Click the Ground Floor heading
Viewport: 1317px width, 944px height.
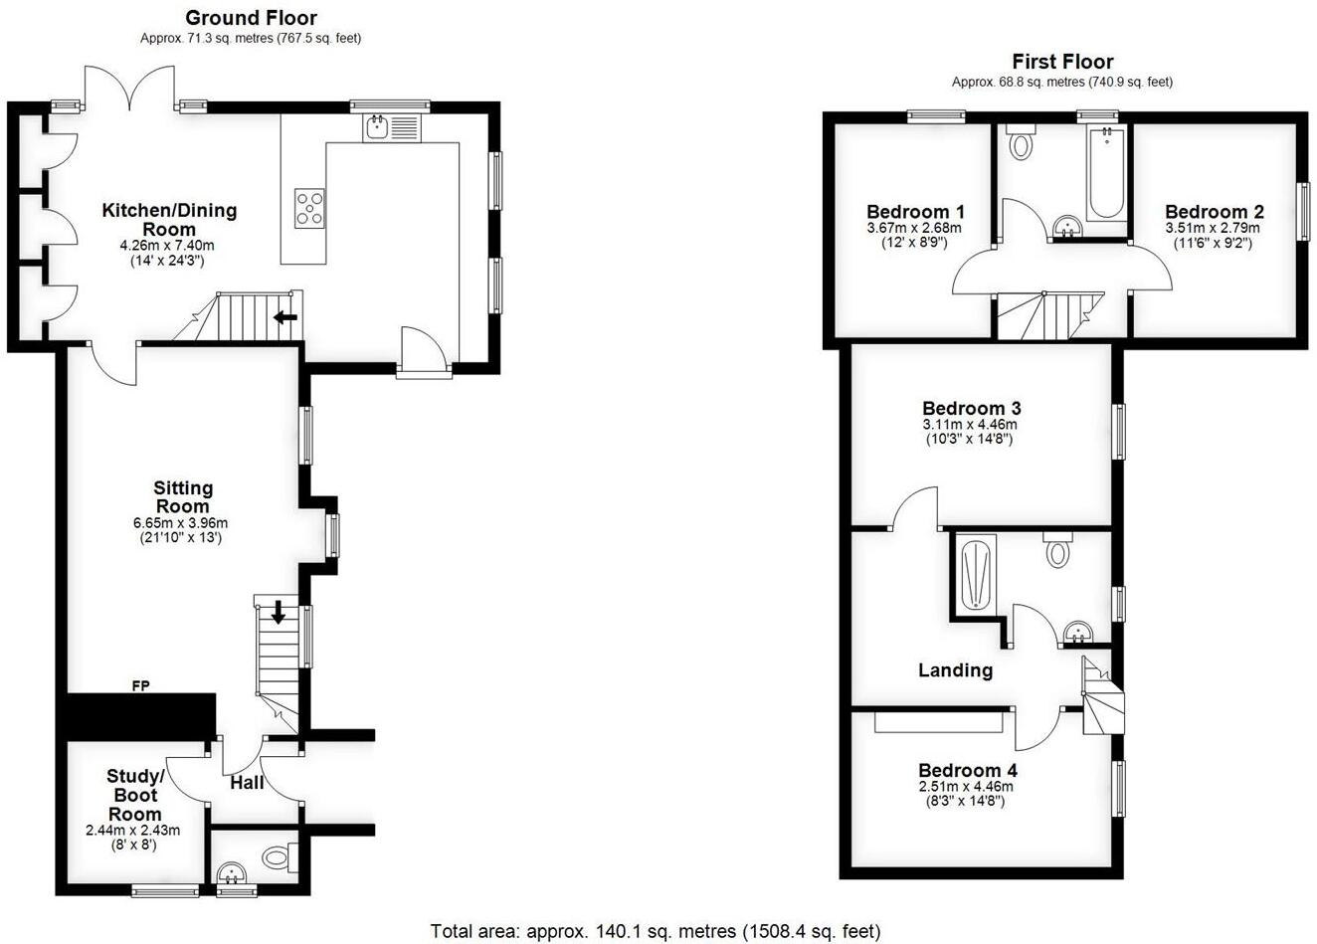(251, 18)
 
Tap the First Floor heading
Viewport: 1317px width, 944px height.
(1062, 62)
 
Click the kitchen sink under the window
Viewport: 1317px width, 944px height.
(377, 126)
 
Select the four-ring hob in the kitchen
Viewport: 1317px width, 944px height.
(309, 208)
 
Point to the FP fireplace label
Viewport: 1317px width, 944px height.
(140, 685)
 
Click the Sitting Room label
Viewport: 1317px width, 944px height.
(183, 496)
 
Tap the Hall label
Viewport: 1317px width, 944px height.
(247, 783)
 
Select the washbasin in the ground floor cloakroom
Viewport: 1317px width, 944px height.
(233, 872)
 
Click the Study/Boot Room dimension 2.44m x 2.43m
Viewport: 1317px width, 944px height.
(133, 830)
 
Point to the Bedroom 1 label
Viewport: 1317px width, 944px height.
(915, 212)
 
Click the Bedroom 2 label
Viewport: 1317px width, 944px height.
(1214, 212)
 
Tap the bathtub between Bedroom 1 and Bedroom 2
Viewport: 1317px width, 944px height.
(1105, 174)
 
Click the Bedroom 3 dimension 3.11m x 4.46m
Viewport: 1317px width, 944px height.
(970, 425)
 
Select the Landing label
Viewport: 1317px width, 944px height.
(955, 670)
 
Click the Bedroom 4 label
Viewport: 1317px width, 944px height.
(967, 771)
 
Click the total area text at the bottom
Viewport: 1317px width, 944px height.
(656, 931)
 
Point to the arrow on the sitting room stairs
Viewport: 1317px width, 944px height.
(279, 613)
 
